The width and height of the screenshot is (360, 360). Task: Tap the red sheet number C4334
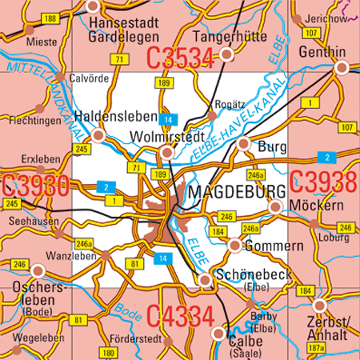pos(180,314)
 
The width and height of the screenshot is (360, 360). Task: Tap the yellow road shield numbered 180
pos(110,352)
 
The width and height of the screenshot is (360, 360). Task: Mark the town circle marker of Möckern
pos(274,207)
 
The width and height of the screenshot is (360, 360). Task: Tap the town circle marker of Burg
pos(244,144)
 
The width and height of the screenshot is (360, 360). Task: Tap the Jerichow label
pos(327,18)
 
